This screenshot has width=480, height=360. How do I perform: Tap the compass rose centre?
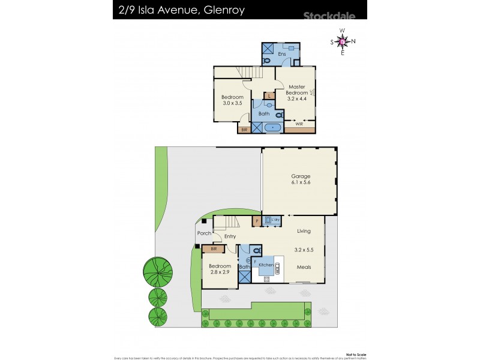click(342, 41)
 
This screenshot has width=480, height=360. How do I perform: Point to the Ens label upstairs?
click(281, 54)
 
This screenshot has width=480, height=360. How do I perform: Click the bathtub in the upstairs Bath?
click(273, 128)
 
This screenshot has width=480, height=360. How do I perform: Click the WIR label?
click(299, 124)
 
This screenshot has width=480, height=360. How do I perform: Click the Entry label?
click(230, 236)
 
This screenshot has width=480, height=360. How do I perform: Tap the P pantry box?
click(257, 221)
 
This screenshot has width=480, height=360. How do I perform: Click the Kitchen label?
click(266, 265)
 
